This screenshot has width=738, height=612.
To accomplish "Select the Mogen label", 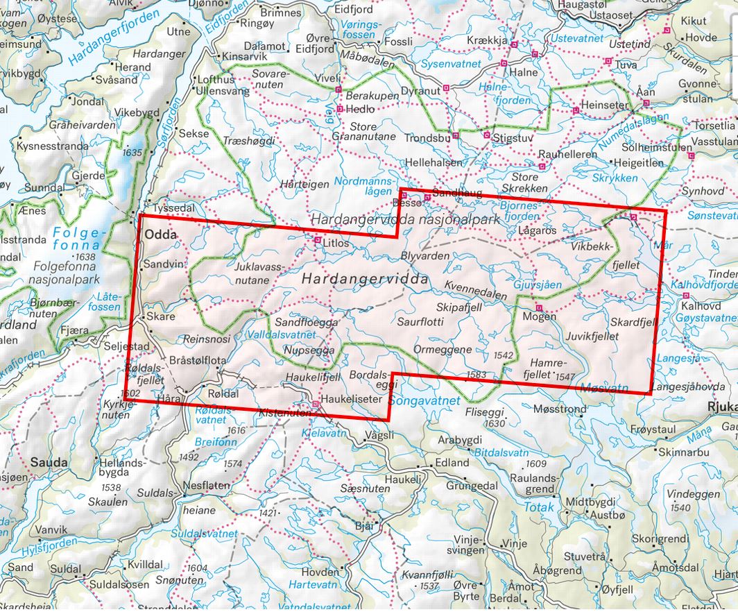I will [x=541, y=316].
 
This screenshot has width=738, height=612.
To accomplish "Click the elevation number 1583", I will [x=477, y=375].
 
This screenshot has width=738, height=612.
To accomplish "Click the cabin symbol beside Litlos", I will [x=318, y=241].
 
